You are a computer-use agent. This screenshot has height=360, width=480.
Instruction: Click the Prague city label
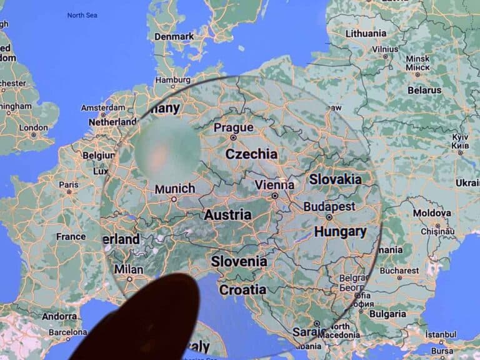coord(234,128)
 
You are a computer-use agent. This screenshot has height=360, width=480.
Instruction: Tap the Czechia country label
coord(251,154)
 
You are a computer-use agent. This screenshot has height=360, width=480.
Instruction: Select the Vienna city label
coord(274,185)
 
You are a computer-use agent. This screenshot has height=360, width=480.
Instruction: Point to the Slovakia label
coord(335,179)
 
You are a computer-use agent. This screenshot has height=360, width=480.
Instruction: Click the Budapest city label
coord(329,206)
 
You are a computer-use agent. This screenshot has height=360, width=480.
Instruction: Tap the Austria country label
coord(227,214)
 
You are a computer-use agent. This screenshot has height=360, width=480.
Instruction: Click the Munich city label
coord(174,189)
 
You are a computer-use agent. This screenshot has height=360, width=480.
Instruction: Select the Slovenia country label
coord(239,261)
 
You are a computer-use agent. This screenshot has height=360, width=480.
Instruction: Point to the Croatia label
coord(242,289)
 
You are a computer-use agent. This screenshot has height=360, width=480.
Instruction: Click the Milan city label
coord(129,270)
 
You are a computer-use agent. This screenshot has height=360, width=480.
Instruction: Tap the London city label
coord(33,127)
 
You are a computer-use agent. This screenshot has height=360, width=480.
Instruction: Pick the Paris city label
coord(69,184)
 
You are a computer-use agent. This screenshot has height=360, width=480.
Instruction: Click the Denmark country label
coord(174,36)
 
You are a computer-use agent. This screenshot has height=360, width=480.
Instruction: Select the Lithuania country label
coord(366,33)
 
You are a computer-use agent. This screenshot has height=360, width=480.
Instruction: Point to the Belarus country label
coord(424,90)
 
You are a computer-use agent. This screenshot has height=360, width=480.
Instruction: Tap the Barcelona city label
coord(67,332)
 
